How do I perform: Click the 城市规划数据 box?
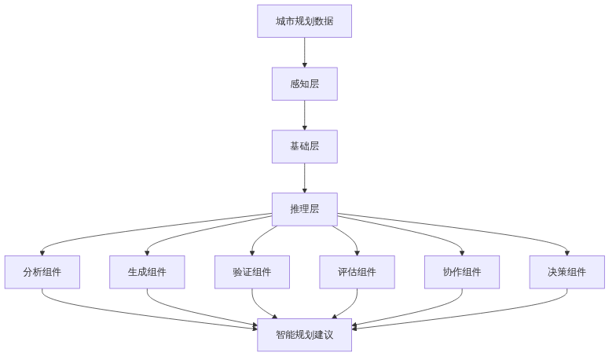(x=304, y=20)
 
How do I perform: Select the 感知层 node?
(x=304, y=83)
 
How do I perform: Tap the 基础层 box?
(x=304, y=146)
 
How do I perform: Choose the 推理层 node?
(x=304, y=209)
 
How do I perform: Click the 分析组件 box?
(x=42, y=272)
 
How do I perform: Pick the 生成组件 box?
(x=147, y=272)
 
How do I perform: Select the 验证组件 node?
(x=252, y=272)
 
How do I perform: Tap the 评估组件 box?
(x=357, y=272)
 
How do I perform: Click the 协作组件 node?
(x=462, y=272)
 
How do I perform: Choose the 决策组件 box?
(x=567, y=272)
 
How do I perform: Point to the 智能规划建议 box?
(x=304, y=335)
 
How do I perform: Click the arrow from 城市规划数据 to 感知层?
(x=304, y=52)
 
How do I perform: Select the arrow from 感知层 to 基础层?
(x=304, y=115)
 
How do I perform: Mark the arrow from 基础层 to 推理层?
(x=304, y=178)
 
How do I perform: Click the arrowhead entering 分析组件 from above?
(x=42, y=252)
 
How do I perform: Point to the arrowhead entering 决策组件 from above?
(x=567, y=252)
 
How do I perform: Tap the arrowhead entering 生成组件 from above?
(x=147, y=252)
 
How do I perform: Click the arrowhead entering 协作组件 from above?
(x=462, y=252)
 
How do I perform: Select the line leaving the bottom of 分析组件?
(x=47, y=299)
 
